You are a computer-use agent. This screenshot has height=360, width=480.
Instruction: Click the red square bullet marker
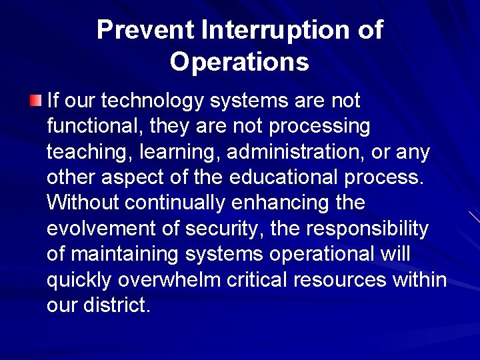tap(35, 101)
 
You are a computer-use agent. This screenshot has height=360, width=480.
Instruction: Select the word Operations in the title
tap(239, 62)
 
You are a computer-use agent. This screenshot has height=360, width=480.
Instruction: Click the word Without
tap(82, 203)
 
